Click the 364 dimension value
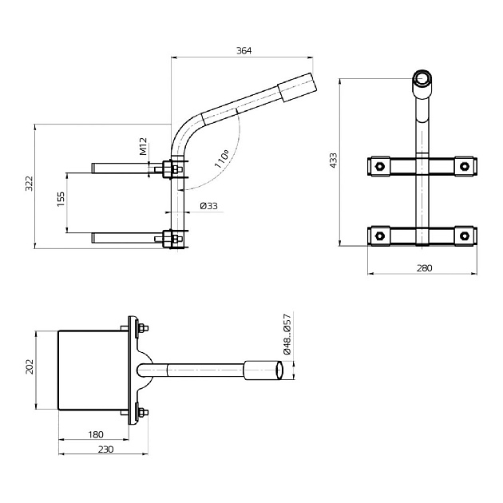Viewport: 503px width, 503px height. (244, 50)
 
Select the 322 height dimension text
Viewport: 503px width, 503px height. (30, 184)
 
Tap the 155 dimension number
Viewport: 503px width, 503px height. (61, 200)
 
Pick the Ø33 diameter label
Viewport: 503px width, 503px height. (208, 206)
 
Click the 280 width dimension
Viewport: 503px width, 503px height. (425, 268)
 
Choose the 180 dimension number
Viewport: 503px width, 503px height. (94, 434)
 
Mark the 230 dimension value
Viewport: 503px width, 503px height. (105, 450)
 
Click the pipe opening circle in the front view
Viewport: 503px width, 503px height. (422, 80)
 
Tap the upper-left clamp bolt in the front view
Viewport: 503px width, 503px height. (380, 167)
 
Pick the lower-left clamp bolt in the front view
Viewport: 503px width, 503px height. (380, 236)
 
